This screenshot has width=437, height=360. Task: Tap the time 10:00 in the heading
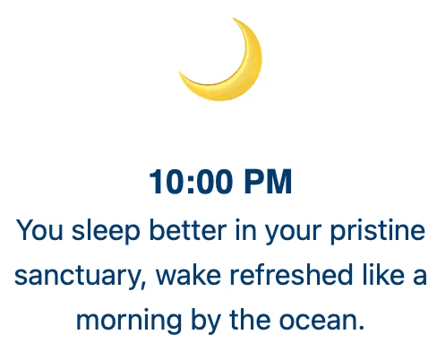click(191, 182)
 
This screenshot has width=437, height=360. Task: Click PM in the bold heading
click(268, 182)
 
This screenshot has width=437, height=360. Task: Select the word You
click(39, 230)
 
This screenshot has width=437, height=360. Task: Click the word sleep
click(106, 232)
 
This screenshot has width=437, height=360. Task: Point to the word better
click(187, 230)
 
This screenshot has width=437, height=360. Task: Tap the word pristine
click(378, 232)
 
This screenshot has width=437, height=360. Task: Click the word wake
click(189, 275)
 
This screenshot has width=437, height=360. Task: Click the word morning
click(129, 321)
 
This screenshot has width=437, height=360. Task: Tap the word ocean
click(321, 320)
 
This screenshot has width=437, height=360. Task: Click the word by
click(206, 321)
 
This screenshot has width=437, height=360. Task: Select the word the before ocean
click(250, 320)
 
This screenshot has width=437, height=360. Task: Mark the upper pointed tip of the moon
click(233, 18)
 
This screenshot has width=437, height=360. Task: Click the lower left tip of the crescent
click(179, 73)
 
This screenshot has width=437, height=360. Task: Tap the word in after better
click(246, 230)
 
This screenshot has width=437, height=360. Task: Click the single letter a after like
click(420, 277)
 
